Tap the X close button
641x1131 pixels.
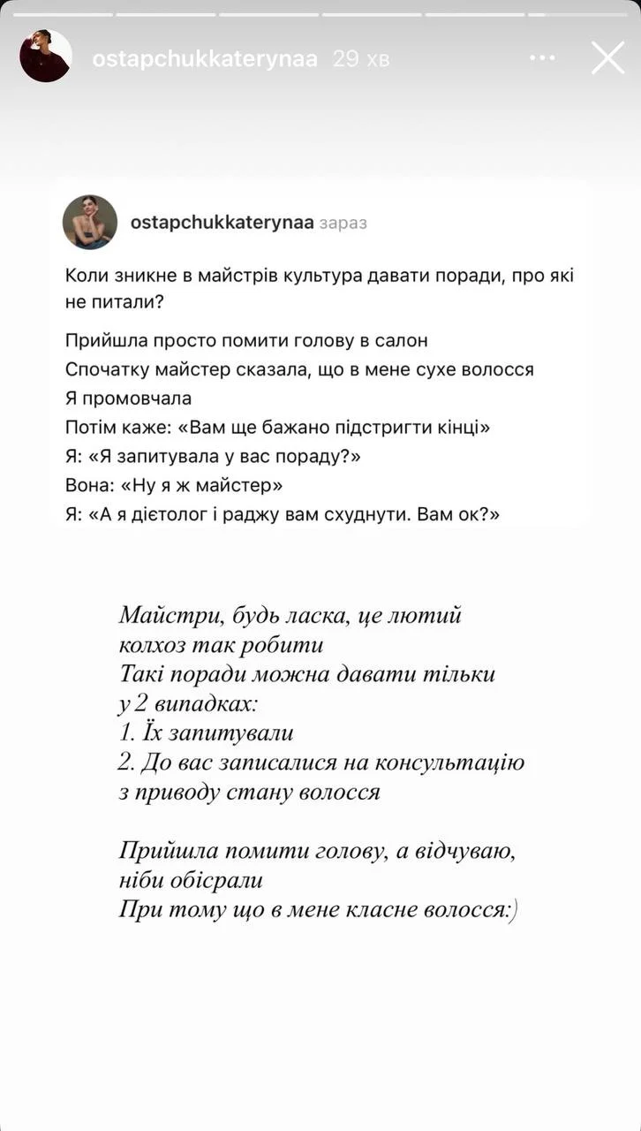607,58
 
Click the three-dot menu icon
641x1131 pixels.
542,58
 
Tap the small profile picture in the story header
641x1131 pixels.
45,56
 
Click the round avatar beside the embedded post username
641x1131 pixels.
90,222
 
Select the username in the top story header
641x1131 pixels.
205,59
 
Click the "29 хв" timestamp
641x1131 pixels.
360,59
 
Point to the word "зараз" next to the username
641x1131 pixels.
343,223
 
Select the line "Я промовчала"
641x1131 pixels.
128,398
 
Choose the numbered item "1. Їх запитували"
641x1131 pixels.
206,733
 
